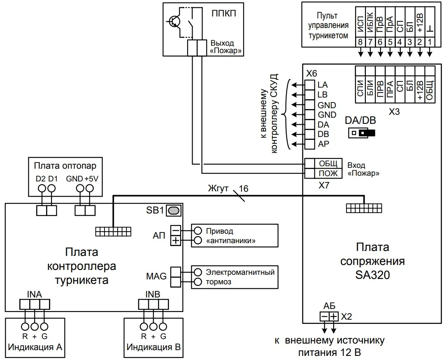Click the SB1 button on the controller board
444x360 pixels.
[174, 211]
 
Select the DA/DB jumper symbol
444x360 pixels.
[362, 133]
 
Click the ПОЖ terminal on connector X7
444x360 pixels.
[328, 173]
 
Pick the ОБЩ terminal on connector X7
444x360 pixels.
[328, 164]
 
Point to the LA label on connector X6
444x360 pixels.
[323, 85]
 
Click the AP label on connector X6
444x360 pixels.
[323, 144]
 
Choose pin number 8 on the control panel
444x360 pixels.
[360, 42]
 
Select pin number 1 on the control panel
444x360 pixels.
[430, 42]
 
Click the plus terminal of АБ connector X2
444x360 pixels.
[333, 316]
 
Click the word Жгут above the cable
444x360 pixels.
[218, 189]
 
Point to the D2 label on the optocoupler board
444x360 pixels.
[41, 179]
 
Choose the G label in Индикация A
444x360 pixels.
[44, 336]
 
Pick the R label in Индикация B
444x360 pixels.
[144, 336]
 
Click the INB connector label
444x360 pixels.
[153, 294]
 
